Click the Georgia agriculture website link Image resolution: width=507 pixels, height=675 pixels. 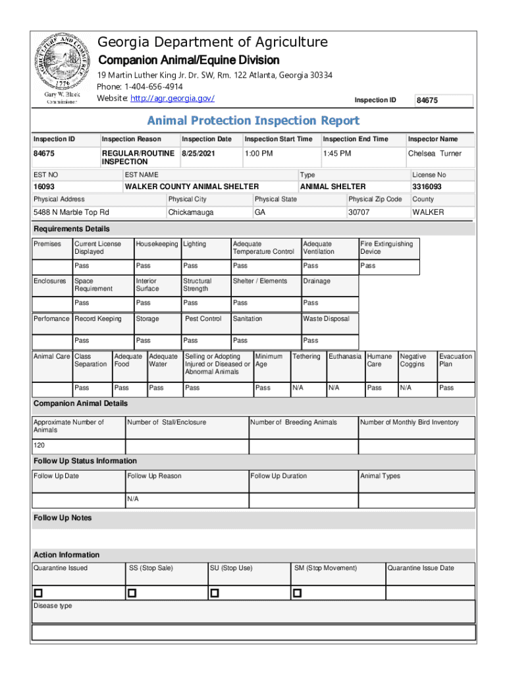point(173,99)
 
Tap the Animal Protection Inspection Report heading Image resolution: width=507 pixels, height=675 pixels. point(253,121)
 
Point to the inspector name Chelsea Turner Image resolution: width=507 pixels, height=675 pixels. point(435,154)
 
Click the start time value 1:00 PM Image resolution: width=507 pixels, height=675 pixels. point(258,154)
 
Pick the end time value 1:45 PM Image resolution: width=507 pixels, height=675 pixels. point(336,154)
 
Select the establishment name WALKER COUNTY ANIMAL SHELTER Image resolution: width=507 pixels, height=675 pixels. point(192,187)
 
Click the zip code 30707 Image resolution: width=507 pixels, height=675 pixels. point(359,212)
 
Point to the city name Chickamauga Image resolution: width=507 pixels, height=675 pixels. point(191,212)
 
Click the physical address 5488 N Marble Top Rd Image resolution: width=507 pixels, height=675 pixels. point(71,212)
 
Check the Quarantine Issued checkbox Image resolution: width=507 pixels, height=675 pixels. point(38,593)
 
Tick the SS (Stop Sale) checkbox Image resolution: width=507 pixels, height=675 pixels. point(132,593)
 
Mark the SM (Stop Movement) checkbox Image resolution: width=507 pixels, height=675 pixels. point(298,593)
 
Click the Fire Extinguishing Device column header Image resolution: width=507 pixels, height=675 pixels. point(387,248)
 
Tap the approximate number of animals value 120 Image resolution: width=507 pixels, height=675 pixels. point(40,446)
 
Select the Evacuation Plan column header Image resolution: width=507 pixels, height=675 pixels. point(455,360)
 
